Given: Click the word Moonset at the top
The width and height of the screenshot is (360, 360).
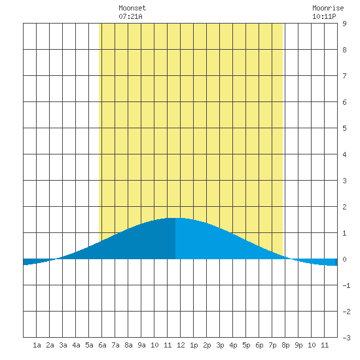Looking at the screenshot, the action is (x=132, y=8).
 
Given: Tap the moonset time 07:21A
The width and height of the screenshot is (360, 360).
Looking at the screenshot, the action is (x=130, y=16).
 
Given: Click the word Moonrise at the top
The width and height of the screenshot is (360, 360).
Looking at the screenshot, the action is (x=328, y=8).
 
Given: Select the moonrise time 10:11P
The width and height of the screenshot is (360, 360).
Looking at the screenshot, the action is (x=324, y=16).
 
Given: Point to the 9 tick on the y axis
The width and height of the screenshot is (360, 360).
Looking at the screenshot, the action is (x=344, y=24).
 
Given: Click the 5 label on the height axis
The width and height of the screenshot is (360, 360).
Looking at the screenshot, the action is (x=344, y=128).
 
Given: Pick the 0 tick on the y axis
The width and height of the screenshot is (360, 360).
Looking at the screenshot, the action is (x=344, y=259).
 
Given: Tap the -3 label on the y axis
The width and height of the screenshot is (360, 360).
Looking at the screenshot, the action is (x=346, y=338).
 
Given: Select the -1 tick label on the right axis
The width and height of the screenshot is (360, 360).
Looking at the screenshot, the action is (x=346, y=285).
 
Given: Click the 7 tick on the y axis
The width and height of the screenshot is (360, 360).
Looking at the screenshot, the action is (x=344, y=76).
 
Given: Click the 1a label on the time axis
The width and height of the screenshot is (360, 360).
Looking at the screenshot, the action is (x=37, y=345).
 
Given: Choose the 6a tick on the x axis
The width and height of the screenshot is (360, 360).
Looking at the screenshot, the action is (x=102, y=345).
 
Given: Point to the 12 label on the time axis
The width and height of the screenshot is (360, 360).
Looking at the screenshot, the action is (x=181, y=345).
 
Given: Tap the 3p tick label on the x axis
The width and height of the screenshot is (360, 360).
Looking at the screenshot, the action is (x=220, y=345).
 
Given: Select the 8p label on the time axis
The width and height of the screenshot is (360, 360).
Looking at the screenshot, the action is (x=285, y=345).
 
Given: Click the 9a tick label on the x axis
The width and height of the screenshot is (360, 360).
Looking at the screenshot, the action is (x=141, y=345).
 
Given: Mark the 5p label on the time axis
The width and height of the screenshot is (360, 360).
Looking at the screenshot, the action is (x=246, y=345).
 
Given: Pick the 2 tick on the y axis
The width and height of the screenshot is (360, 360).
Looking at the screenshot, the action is (x=344, y=207).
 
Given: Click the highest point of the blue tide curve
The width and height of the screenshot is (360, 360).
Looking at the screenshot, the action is (x=175, y=218).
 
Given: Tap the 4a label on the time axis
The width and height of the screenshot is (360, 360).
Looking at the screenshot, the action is (x=76, y=345).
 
